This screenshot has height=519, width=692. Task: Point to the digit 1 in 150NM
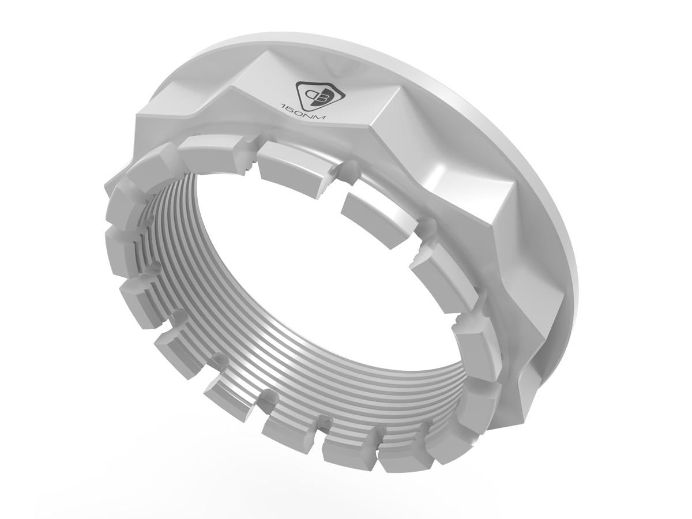click(x=283, y=106)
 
